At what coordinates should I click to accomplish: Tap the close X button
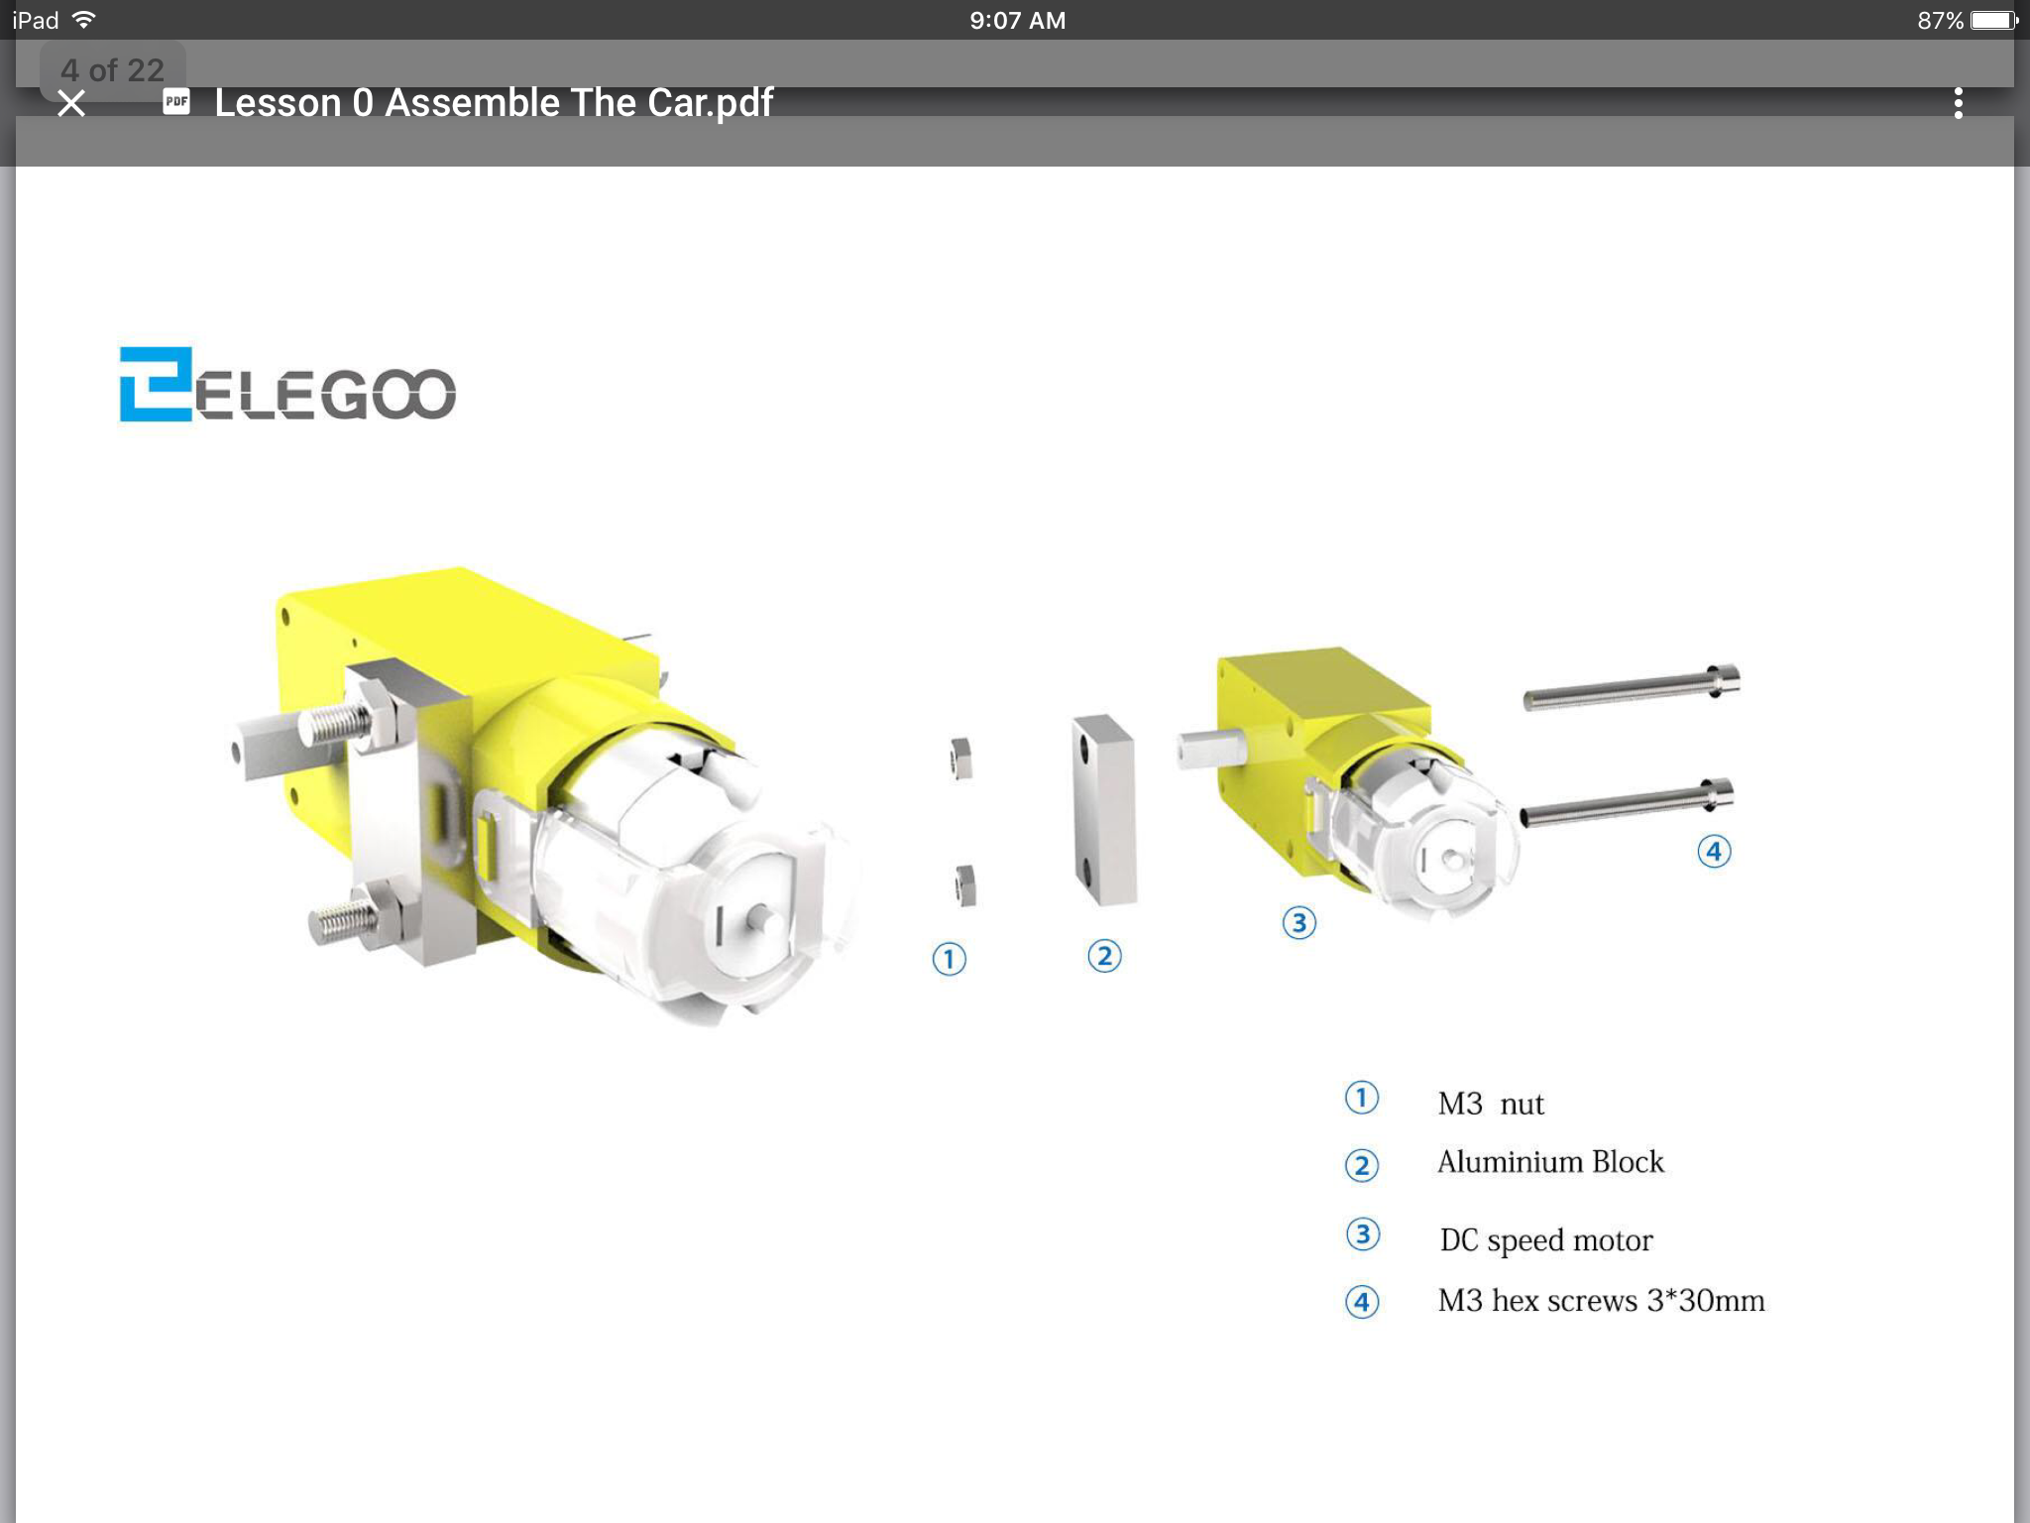pos(71,103)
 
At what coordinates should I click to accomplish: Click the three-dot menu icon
pos(1958,103)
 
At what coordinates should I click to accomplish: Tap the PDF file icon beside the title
pos(176,101)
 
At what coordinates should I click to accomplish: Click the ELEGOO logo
pos(287,384)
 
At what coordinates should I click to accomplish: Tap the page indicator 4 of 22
pos(112,69)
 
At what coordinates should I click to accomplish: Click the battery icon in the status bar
pos(1994,20)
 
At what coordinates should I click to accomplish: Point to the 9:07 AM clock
pos(1018,20)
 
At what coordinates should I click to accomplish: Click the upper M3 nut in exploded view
pos(960,759)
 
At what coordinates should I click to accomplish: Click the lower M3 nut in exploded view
pos(965,885)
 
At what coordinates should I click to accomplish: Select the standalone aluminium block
pos(1104,810)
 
